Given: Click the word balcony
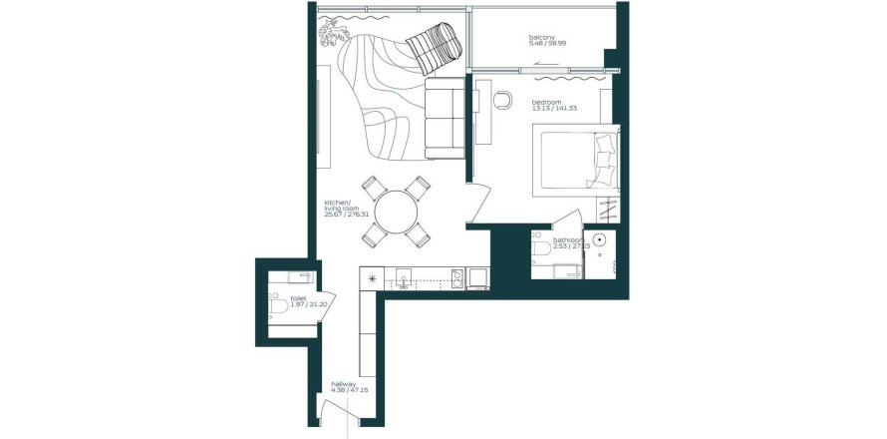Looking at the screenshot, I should click(x=541, y=38).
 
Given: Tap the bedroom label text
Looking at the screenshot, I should click(x=547, y=102).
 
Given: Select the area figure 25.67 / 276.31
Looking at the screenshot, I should click(x=347, y=215).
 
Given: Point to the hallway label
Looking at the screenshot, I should click(x=344, y=383).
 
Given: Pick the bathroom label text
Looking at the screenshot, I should click(x=569, y=239).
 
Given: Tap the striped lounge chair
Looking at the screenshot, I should click(x=435, y=48).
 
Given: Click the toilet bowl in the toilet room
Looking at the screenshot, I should click(x=277, y=305).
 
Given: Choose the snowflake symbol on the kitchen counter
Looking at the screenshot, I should click(x=374, y=278).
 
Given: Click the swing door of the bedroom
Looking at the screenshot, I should click(x=481, y=205).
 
